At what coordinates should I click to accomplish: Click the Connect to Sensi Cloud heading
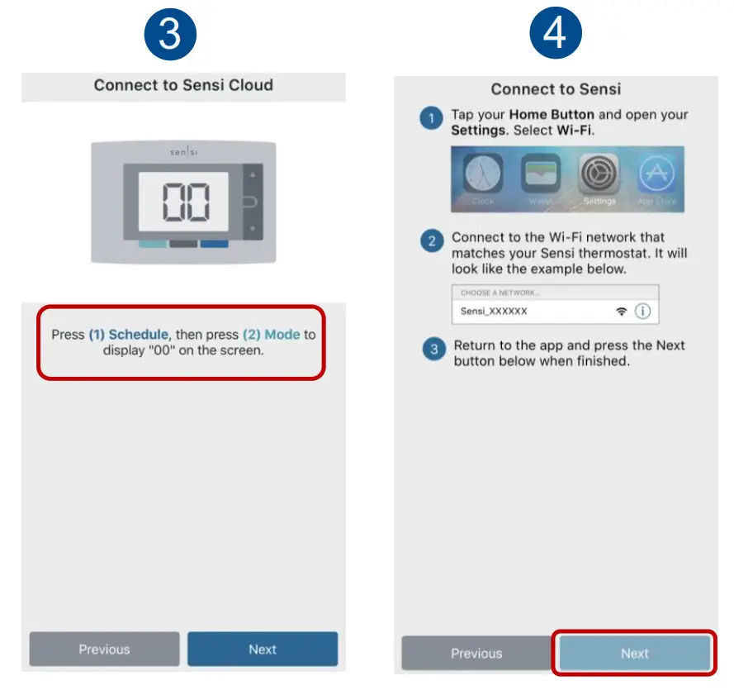tap(183, 85)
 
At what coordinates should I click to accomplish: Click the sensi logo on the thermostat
tap(183, 153)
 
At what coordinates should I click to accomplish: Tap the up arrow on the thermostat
tap(253, 175)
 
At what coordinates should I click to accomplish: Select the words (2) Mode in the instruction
tap(271, 335)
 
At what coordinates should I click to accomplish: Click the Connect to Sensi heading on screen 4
tap(556, 89)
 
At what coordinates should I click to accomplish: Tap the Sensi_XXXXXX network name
tap(494, 312)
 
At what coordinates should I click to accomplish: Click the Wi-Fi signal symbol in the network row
tap(621, 312)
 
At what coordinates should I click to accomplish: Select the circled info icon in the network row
tap(642, 312)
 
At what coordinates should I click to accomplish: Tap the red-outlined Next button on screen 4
tap(634, 653)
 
